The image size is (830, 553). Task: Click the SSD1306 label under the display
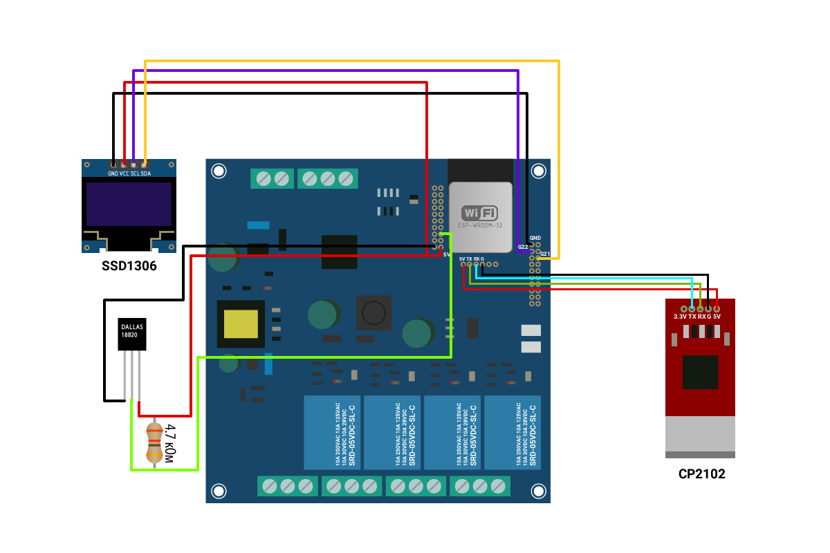[x=129, y=266]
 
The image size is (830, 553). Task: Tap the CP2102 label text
[x=701, y=474]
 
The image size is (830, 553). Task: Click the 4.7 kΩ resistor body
[x=154, y=443]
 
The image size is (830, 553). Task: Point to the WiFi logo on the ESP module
[x=479, y=213]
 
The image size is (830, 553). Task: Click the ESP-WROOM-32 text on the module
[x=479, y=226]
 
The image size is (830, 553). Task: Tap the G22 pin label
[x=523, y=247]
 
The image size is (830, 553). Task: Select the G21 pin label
[x=545, y=254]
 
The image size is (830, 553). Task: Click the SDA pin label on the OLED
[x=146, y=174]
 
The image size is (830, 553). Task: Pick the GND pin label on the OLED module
[x=113, y=174]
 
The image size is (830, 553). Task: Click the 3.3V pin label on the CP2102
[x=680, y=317]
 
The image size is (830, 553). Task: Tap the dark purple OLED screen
[x=129, y=204]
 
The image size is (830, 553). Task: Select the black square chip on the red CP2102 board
[x=700, y=373]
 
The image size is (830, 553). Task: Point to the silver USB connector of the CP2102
[x=700, y=437]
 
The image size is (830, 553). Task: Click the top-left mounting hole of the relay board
[x=219, y=171]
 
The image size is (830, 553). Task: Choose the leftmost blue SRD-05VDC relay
[x=332, y=433]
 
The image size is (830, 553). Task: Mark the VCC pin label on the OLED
[x=124, y=174]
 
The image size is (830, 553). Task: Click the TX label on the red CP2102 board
[x=692, y=317]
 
